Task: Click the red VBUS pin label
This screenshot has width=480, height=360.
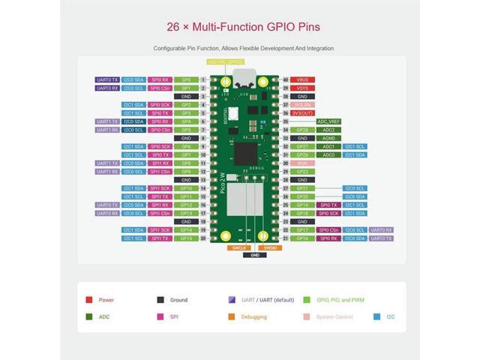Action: [x=302, y=79]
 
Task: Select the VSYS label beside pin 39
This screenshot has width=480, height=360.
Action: [x=302, y=88]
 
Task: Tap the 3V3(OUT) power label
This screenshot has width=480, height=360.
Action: [x=302, y=112]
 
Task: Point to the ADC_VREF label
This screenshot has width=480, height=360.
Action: [x=328, y=121]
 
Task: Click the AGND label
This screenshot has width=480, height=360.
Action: [x=328, y=138]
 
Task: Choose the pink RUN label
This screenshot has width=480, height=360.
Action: [x=302, y=163]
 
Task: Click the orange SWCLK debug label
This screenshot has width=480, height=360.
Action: [x=239, y=247]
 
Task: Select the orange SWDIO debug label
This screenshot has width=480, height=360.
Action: [x=270, y=247]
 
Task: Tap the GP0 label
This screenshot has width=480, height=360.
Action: [x=186, y=79]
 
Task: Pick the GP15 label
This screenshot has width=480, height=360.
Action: [x=186, y=238]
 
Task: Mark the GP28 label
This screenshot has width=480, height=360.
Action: [x=302, y=130]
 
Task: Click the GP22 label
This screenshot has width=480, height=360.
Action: [x=302, y=172]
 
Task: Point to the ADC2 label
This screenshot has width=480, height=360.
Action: [x=328, y=130]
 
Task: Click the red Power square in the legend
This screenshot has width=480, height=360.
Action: [x=89, y=299]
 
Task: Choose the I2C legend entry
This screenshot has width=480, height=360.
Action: [x=388, y=316]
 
